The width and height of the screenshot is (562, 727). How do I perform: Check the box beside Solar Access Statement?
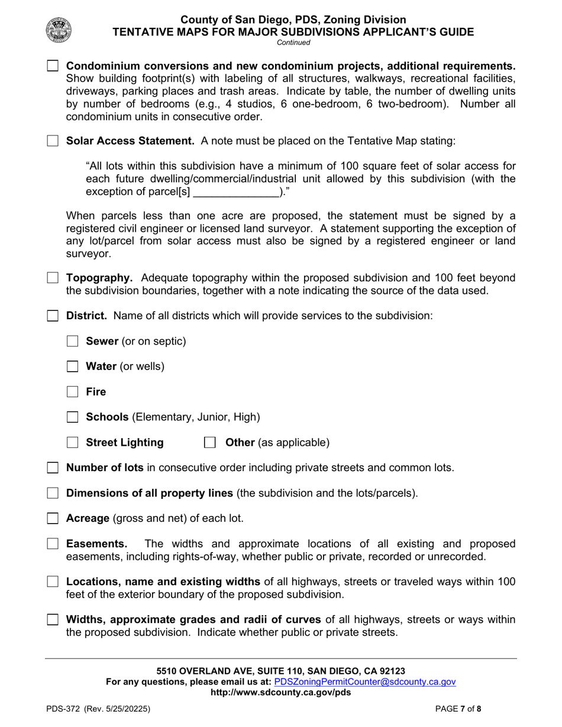click(x=53, y=141)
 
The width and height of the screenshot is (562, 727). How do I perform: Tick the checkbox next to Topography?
click(x=53, y=278)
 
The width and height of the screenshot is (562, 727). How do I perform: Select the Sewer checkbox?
click(x=73, y=341)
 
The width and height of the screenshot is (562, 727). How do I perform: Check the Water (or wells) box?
click(x=73, y=366)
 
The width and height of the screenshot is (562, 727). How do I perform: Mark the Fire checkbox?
click(x=73, y=392)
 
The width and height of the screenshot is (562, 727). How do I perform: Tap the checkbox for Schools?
click(x=73, y=417)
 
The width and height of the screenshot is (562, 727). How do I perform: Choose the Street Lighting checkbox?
click(x=73, y=443)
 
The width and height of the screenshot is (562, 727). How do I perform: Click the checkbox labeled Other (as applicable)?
click(x=209, y=443)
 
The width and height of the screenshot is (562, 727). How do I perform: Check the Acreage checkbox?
click(x=53, y=518)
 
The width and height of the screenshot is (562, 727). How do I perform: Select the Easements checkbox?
click(x=53, y=544)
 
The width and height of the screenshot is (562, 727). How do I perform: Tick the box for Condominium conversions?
click(x=53, y=66)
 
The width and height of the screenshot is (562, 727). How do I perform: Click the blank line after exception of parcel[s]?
click(x=236, y=192)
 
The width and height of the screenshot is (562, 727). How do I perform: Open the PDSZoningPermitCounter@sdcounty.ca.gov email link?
click(x=365, y=682)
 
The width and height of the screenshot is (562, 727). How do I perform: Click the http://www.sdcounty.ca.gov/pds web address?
click(x=280, y=693)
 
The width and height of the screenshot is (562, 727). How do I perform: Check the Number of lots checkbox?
click(x=53, y=468)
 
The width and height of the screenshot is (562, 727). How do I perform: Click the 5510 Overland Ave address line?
click(x=280, y=671)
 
